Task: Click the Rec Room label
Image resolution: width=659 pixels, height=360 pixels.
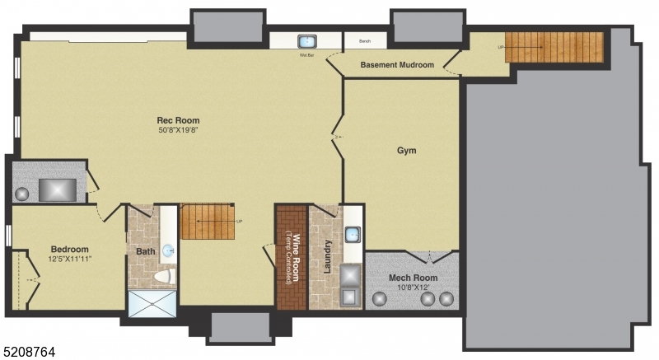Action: (x=179, y=120)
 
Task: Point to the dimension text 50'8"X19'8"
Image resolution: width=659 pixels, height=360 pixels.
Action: (x=179, y=130)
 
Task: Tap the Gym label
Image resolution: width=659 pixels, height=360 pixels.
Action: (x=406, y=151)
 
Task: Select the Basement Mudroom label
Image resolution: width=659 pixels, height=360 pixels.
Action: (x=397, y=65)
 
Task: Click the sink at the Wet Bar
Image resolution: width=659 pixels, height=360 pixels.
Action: (x=307, y=41)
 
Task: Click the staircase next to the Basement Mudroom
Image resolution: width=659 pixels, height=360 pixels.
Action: (x=554, y=46)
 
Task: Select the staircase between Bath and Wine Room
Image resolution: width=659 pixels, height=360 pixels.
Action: (x=208, y=222)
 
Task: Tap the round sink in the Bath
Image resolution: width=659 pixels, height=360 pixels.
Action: (x=168, y=250)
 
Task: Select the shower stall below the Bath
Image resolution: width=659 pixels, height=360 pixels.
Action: (x=152, y=303)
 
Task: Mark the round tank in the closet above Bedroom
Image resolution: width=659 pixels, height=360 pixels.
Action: (x=22, y=194)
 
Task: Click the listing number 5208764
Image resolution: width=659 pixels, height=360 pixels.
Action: (x=29, y=352)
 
